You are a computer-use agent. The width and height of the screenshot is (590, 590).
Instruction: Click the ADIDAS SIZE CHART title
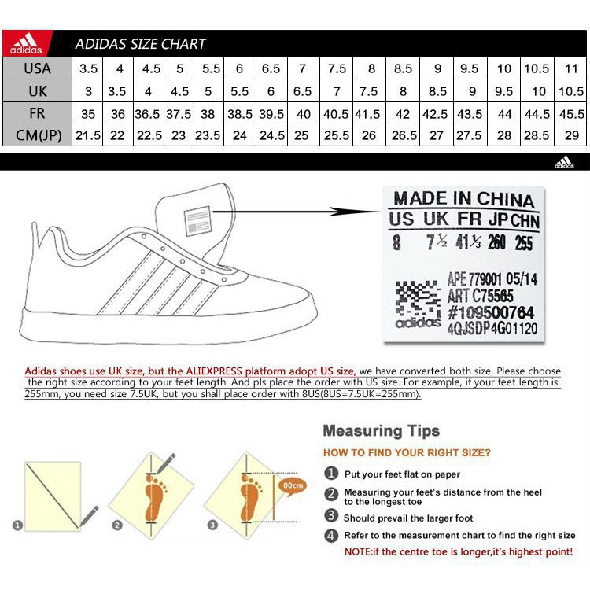140,44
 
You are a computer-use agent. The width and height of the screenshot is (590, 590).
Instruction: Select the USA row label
37,68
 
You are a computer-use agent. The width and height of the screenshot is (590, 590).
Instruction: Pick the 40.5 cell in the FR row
337,113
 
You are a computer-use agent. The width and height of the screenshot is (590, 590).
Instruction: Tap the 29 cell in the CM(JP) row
572,135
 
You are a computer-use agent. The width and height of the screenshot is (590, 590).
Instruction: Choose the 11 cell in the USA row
572,68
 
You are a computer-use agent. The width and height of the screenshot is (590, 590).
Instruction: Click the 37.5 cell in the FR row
179,113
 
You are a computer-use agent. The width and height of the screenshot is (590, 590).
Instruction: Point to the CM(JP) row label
37,135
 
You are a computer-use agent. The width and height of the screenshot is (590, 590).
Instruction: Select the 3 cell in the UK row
88,90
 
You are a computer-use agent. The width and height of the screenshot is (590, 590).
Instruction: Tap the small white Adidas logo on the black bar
563,163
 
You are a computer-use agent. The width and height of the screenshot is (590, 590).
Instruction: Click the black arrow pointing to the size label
354,211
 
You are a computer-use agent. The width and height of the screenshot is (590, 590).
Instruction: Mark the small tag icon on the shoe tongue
196,221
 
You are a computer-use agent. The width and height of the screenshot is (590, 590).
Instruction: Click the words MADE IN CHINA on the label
463,199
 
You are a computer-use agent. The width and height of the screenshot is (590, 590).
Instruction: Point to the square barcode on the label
417,301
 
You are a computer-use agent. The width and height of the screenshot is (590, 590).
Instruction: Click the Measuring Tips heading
381,430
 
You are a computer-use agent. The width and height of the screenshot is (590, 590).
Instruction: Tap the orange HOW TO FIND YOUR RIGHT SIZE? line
407,453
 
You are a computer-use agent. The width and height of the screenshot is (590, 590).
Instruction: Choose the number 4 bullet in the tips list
332,535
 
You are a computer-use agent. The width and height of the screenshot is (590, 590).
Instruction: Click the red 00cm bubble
293,485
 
